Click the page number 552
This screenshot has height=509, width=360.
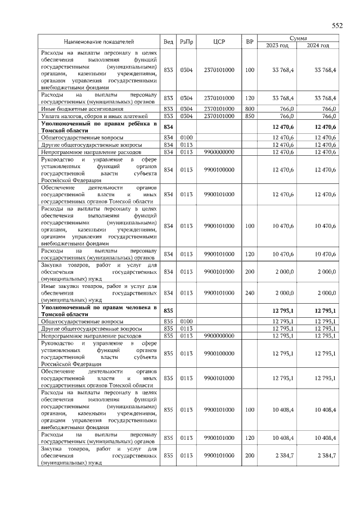tap(336, 26)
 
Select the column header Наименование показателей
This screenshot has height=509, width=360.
tap(99, 42)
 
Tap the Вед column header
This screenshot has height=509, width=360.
tap(168, 42)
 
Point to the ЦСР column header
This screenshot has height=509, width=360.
tap(219, 42)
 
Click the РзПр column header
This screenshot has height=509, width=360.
tap(186, 42)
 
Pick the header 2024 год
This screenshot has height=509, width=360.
tap(318, 45)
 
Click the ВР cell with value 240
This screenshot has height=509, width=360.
tap(250, 293)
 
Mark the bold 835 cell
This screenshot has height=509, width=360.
tap(168, 311)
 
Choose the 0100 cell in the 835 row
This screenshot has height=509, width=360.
tap(186, 321)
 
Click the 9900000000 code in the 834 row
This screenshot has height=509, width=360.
tap(219, 152)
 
